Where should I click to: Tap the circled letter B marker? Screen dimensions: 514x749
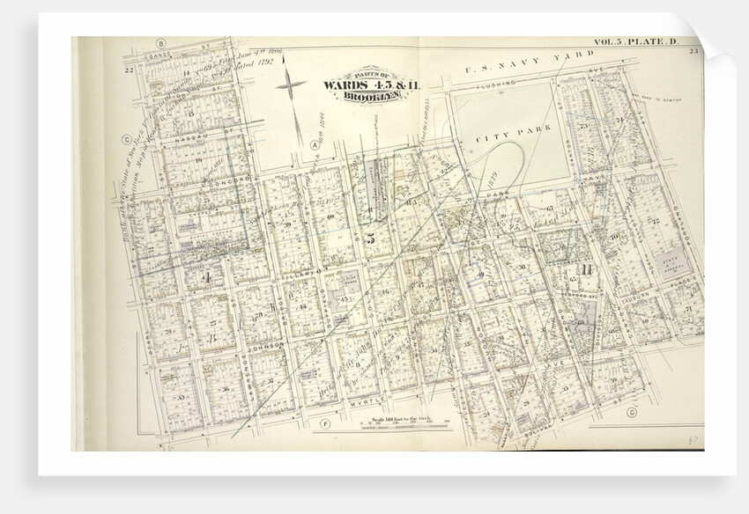click(160, 42)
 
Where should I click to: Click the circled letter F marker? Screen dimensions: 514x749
click(325, 426)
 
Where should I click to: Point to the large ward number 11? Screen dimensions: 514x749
click(583, 268)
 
